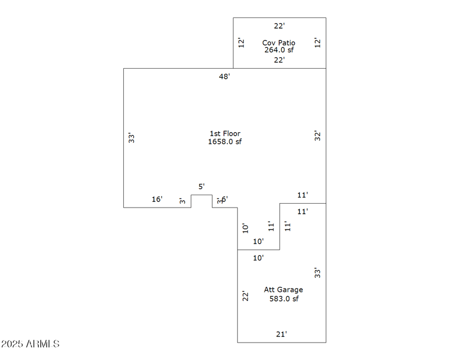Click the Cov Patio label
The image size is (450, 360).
click(x=278, y=43)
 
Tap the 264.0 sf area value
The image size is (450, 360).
click(x=279, y=50)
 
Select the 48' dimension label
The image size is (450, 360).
click(x=224, y=76)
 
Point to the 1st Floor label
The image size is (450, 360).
click(x=225, y=133)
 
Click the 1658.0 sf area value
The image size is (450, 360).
click(x=225, y=141)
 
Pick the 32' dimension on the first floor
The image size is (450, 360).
click(x=318, y=136)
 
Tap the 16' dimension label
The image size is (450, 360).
click(x=157, y=199)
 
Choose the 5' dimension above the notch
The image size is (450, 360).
click(x=201, y=186)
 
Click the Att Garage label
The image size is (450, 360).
click(x=283, y=290)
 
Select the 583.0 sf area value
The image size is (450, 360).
click(x=283, y=299)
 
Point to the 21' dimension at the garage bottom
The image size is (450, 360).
click(x=281, y=334)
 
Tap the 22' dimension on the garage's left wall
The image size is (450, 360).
click(x=245, y=296)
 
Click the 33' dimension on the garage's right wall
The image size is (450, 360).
click(x=318, y=273)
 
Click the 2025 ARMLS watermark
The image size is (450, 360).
click(x=30, y=344)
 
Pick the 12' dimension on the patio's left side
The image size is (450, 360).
click(x=240, y=42)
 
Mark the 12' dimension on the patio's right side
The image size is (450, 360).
click(x=318, y=42)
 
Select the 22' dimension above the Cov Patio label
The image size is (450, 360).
click(x=280, y=26)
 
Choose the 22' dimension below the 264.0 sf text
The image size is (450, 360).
click(x=280, y=60)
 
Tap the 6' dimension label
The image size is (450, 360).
click(x=224, y=199)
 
